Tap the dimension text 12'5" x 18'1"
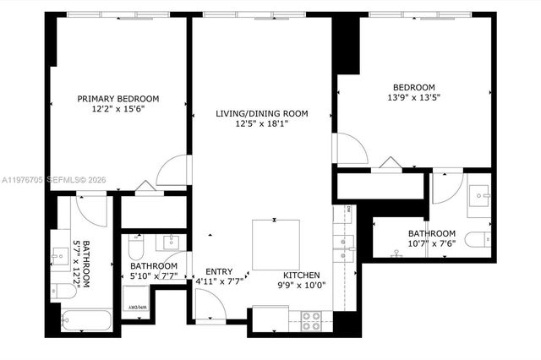pos(261,124)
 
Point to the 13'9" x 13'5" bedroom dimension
pos(413,98)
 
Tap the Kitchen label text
pos(301,275)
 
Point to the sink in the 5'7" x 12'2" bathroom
pos(59,253)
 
